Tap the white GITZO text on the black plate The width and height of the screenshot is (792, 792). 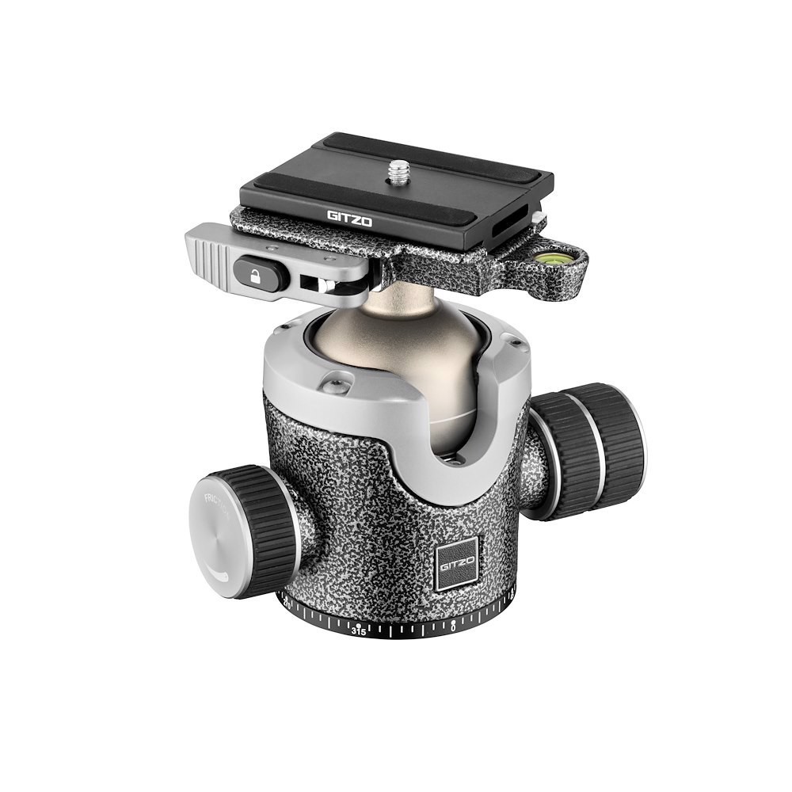tap(349, 217)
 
